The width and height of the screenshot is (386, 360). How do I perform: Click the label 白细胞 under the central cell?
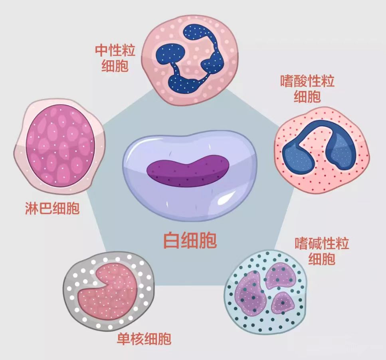(190, 240)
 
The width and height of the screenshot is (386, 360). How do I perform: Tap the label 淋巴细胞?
(52, 208)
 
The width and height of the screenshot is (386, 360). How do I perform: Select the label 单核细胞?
(144, 338)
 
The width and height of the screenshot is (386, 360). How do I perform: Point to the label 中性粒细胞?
(115, 58)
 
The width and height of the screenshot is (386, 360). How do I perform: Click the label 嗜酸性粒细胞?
(307, 89)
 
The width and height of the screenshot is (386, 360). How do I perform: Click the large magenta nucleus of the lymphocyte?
(60, 145)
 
